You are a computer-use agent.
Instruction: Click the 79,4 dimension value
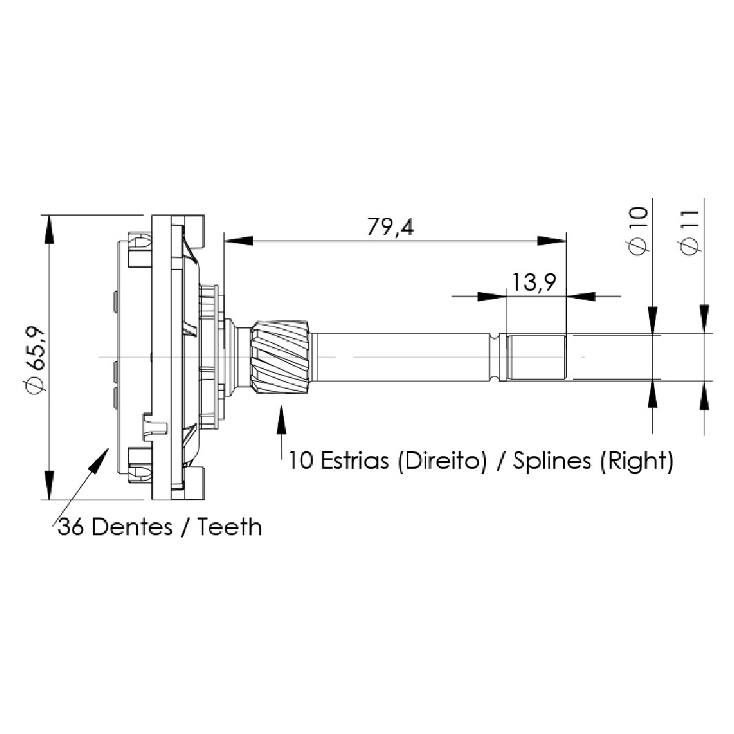pos(390,227)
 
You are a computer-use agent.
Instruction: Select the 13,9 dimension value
pos(534,282)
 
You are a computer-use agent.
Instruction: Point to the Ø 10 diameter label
pos(638,231)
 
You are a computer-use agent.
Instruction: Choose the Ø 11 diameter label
pos(689,232)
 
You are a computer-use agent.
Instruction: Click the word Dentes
pos(131,527)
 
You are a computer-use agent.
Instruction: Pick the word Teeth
pos(229,527)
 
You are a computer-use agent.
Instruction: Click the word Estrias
pos(355,460)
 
